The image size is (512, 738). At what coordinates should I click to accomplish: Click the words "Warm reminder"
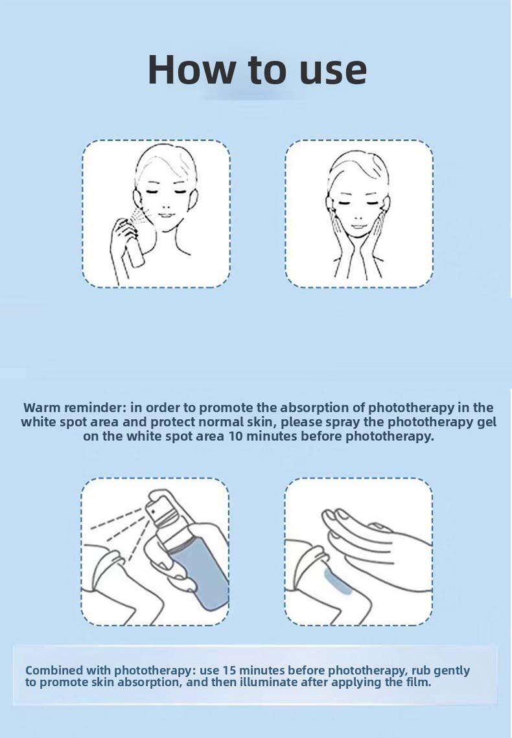(x=75, y=407)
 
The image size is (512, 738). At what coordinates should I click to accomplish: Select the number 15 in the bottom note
(x=229, y=670)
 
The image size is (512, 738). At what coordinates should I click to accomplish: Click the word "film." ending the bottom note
(x=418, y=682)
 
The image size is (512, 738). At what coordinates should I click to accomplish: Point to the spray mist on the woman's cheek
(x=141, y=215)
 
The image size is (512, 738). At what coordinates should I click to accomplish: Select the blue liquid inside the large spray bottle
(x=202, y=578)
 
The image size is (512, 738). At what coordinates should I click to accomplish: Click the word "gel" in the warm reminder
(x=487, y=422)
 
